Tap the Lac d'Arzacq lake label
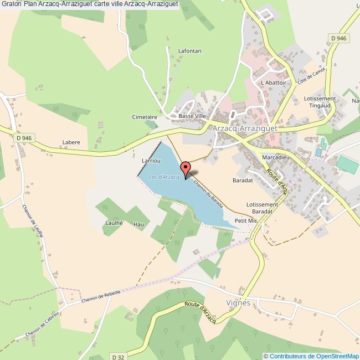click(164, 177)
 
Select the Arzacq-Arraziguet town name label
click(245, 128)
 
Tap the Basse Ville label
click(192, 116)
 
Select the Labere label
click(71, 142)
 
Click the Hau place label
click(138, 224)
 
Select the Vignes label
click(239, 303)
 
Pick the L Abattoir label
click(273, 83)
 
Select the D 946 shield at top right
click(337, 38)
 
